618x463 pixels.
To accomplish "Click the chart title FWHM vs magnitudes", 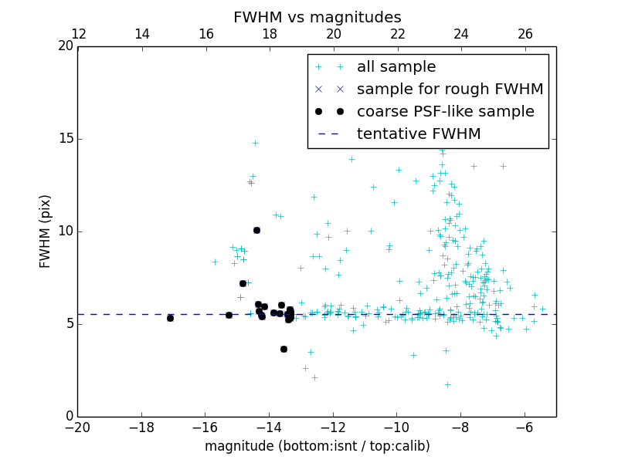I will point(317,17).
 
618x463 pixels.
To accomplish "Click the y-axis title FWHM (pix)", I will point(46,231).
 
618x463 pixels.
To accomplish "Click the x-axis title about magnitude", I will point(317,446).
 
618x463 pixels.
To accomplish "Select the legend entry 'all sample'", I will point(396,67).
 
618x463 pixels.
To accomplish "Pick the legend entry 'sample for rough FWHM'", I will point(450,90).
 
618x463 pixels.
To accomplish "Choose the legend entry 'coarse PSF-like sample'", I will point(445,112).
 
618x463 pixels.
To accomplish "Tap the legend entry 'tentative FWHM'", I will point(419,134).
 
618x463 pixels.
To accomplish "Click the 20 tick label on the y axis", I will point(65,46).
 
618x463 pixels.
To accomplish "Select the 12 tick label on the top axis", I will point(78,34).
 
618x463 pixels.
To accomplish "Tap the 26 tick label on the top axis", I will point(525,34).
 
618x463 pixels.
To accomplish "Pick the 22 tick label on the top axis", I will point(397,34).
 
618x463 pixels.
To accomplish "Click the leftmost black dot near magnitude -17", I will point(170,318).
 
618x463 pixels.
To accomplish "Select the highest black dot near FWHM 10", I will point(256,230).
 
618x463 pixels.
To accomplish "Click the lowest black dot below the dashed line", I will point(284,349).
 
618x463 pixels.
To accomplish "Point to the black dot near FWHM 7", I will point(243,283).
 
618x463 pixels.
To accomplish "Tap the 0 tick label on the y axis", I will point(69,417).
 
